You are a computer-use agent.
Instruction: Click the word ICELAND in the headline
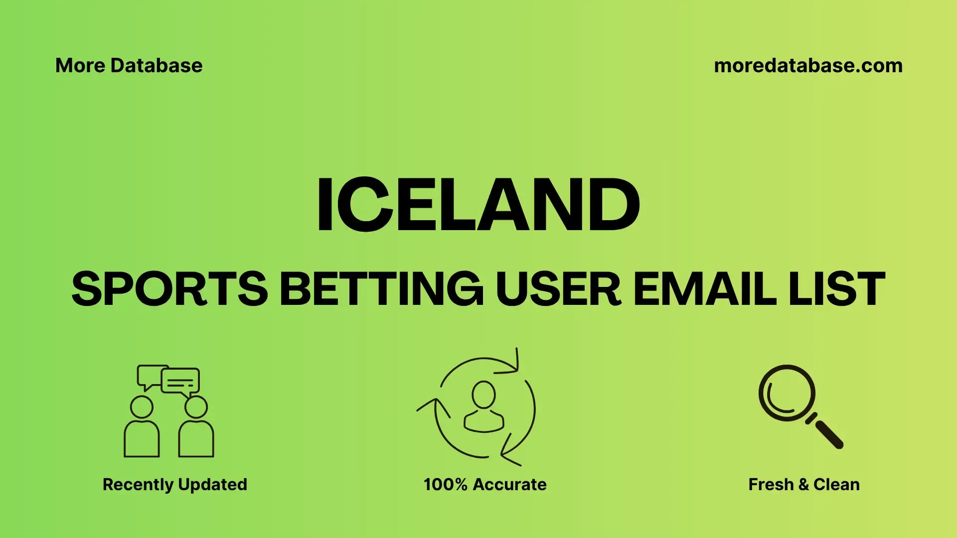pyautogui.click(x=478, y=204)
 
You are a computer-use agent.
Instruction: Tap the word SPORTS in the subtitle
pyautogui.click(x=170, y=288)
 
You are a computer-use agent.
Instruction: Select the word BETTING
pyautogui.click(x=382, y=288)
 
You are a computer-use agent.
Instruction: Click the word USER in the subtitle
pyautogui.click(x=558, y=288)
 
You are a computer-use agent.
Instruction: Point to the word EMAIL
pyautogui.click(x=705, y=288)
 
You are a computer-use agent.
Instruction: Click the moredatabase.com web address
pyautogui.click(x=808, y=66)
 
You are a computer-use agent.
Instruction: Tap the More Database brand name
pyautogui.click(x=129, y=66)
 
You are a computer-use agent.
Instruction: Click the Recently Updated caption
pyautogui.click(x=175, y=485)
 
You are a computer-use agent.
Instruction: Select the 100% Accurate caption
pyautogui.click(x=485, y=485)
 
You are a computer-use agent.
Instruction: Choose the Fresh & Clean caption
pyautogui.click(x=804, y=485)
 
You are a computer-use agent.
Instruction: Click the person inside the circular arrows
pyautogui.click(x=483, y=406)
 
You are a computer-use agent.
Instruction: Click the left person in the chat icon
pyautogui.click(x=142, y=427)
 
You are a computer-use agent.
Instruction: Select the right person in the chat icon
pyautogui.click(x=196, y=427)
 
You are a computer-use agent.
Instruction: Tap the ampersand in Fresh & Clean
pyautogui.click(x=803, y=485)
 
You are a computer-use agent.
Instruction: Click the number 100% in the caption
pyautogui.click(x=446, y=485)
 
